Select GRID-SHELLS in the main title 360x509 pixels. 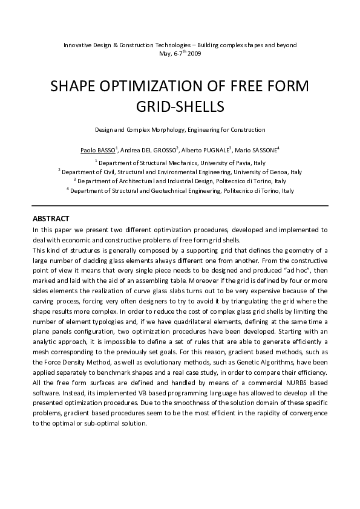180,107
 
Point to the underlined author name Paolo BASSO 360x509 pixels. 98,150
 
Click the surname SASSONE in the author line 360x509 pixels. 261,150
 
